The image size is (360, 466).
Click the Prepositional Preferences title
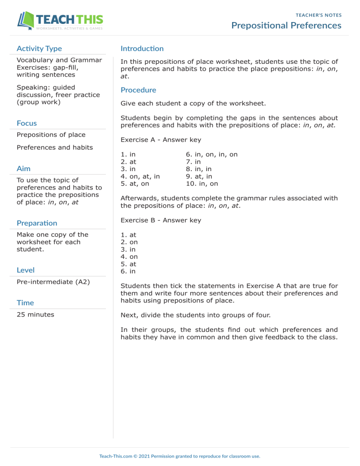pyautogui.click(x=286, y=25)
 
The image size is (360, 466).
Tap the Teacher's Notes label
pyautogui.click(x=318, y=15)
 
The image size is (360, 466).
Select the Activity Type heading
pyautogui.click(x=39, y=48)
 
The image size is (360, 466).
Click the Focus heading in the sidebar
pyautogui.click(x=27, y=123)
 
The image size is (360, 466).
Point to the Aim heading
pyautogui.click(x=23, y=168)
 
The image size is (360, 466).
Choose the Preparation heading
pyautogui.click(x=37, y=223)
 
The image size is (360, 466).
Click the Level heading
pyautogui.click(x=26, y=270)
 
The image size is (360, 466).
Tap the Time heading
pyautogui.click(x=25, y=303)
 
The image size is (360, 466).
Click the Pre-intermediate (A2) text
pyautogui.click(x=53, y=282)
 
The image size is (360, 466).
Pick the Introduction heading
pyautogui.click(x=142, y=48)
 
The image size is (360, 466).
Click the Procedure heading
pyautogui.click(x=138, y=90)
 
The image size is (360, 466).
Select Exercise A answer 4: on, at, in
pyautogui.click(x=140, y=176)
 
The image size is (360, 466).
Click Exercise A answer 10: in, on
pyautogui.click(x=202, y=184)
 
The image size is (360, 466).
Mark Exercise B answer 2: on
pyautogui.click(x=129, y=242)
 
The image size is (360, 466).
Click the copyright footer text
pyautogui.click(x=180, y=456)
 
